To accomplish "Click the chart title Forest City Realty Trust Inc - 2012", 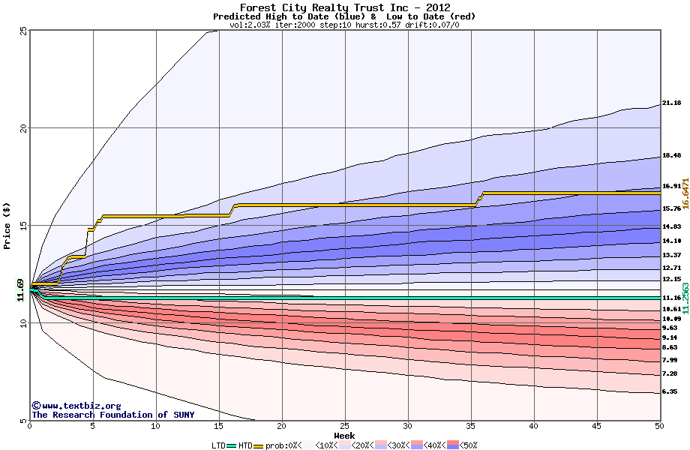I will click(344, 7).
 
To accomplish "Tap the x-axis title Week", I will click(344, 435).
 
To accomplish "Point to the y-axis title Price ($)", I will click(7, 225).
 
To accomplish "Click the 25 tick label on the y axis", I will click(23, 31).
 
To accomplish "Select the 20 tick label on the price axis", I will click(23, 128).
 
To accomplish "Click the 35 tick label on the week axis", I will click(470, 427).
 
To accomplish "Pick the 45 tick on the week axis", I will click(597, 427).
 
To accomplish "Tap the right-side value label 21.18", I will click(671, 103).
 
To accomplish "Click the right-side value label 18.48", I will click(671, 156).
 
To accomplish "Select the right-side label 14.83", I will click(671, 226).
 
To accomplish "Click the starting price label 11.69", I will click(21, 289).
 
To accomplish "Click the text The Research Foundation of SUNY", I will click(112, 415).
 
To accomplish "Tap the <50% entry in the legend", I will click(463, 445).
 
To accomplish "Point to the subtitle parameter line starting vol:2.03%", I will click(344, 25).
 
